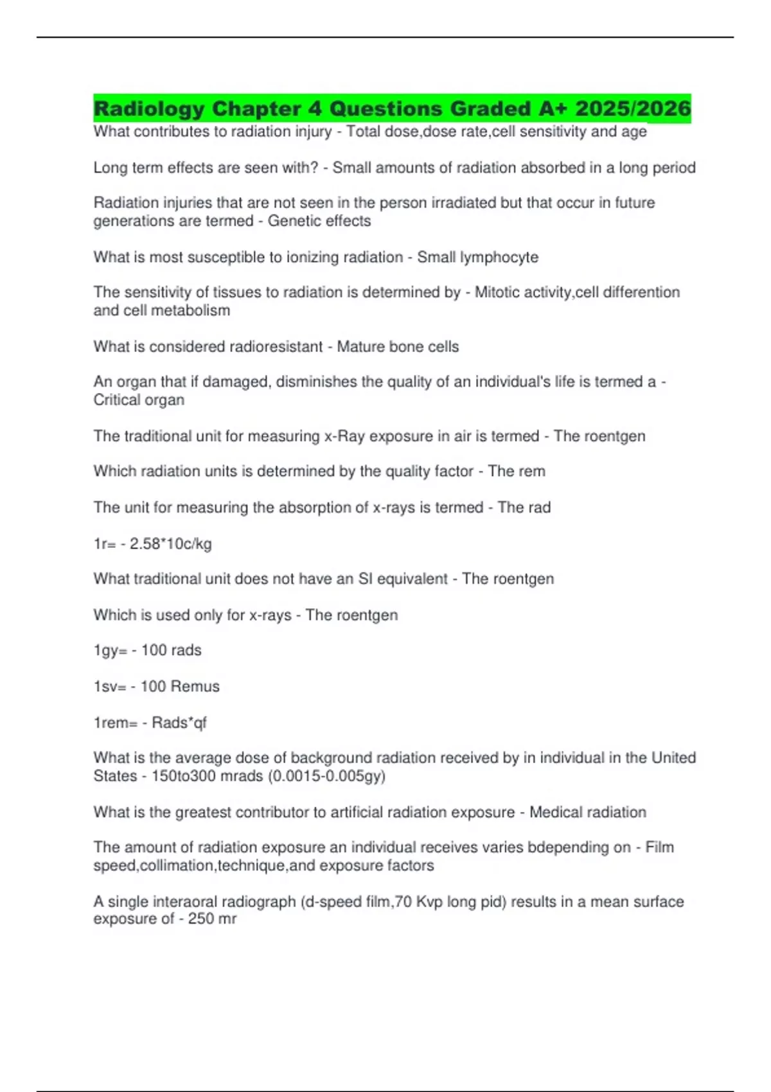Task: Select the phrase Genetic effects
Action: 319,221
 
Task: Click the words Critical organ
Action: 139,400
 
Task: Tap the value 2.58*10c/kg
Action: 171,544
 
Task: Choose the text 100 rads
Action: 172,650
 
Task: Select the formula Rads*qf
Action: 179,723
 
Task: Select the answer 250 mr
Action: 212,919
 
